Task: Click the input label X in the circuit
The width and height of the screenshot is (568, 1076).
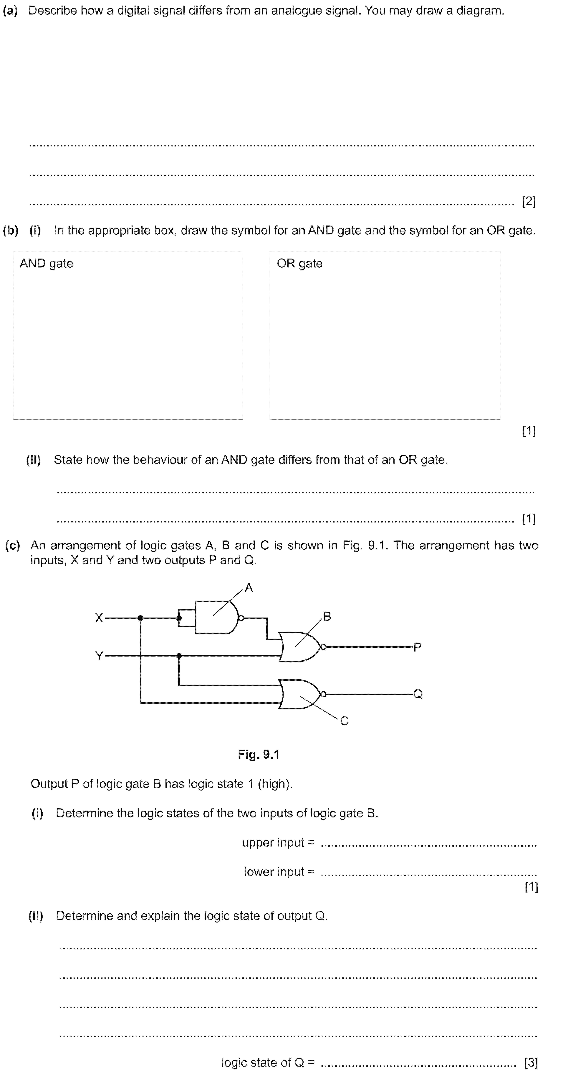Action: point(99,618)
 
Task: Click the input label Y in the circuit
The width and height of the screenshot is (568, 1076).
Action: point(99,656)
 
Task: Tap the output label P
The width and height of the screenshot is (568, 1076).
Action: point(417,647)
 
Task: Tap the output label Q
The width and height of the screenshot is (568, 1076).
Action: point(418,694)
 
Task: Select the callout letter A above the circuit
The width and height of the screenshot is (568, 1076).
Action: point(249,588)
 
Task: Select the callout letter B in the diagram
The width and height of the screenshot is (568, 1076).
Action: point(327,617)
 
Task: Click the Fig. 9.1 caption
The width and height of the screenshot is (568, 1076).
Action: point(259,754)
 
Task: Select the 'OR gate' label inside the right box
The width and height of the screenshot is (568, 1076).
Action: point(300,264)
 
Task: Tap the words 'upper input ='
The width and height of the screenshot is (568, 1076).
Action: point(278,842)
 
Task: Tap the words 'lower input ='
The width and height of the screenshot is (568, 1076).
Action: point(279,872)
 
